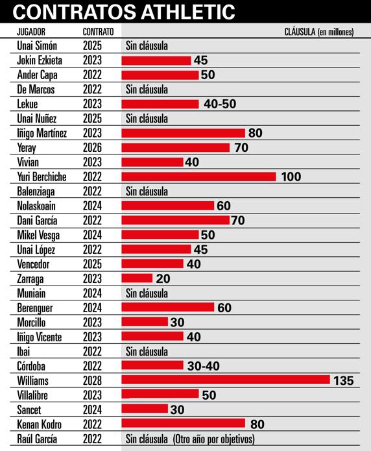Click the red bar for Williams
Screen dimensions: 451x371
226,380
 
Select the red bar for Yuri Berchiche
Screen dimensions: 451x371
198,177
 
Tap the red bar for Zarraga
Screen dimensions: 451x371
137,278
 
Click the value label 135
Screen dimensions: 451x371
343,381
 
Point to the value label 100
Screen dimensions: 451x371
291,177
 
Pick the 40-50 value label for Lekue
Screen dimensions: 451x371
220,104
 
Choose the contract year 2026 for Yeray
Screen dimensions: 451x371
93,148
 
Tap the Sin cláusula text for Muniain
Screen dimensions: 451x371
147,293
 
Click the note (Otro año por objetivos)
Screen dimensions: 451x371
213,439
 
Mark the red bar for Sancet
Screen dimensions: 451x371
145,409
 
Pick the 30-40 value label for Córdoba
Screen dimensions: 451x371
203,366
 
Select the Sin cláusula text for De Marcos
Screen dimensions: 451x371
147,90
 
